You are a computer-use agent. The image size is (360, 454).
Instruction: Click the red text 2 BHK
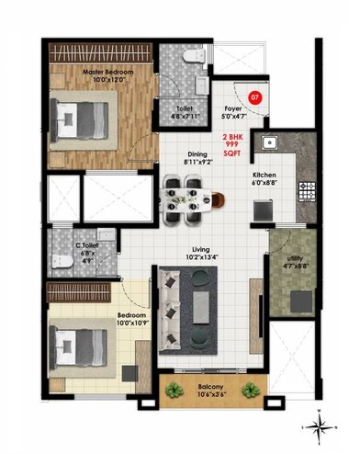point(231,136)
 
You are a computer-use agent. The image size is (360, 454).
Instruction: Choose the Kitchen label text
point(265,174)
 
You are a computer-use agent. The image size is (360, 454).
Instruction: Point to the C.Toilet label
point(90,246)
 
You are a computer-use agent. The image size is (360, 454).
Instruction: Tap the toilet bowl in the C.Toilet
point(61,262)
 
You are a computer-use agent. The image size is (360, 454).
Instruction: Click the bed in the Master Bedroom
point(81,119)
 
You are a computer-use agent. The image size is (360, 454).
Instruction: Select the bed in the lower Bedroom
point(77,350)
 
